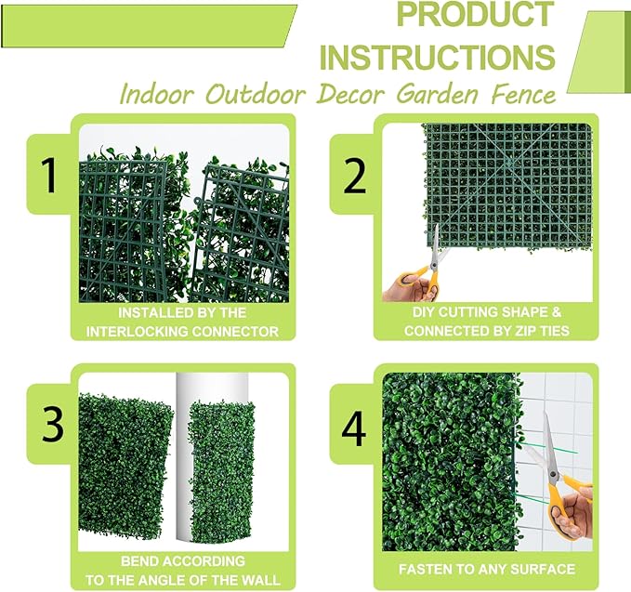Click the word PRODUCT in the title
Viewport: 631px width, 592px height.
click(x=474, y=16)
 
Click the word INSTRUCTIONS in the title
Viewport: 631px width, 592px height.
click(x=438, y=56)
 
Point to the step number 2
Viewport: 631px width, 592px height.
click(x=354, y=174)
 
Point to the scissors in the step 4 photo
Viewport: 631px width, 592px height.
click(x=548, y=465)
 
